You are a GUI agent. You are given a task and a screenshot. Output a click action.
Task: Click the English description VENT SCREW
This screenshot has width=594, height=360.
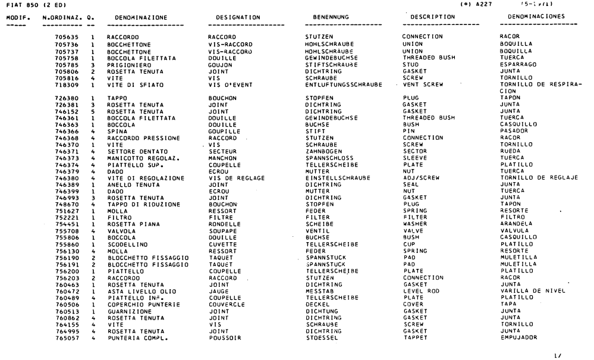(422, 84)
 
